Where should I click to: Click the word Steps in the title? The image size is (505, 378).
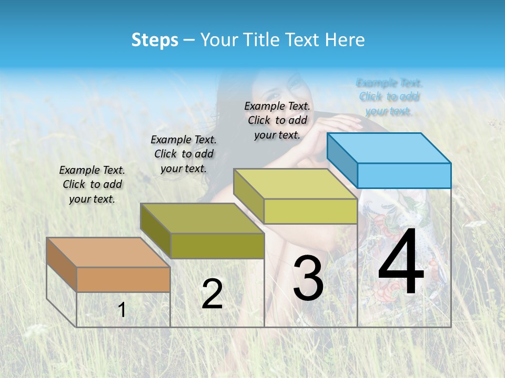pyautogui.click(x=155, y=40)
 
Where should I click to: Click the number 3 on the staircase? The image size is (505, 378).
pyautogui.click(x=308, y=278)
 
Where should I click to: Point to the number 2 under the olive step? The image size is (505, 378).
pyautogui.click(x=212, y=293)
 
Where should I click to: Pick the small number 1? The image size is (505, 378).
pyautogui.click(x=122, y=310)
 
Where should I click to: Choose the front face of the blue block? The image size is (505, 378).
pyautogui.click(x=404, y=175)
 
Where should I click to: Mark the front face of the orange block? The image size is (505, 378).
pyautogui.click(x=123, y=279)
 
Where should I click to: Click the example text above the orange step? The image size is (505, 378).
pyautogui.click(x=92, y=185)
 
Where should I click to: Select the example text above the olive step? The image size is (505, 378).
pyautogui.click(x=184, y=154)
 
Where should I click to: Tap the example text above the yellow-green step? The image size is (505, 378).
pyautogui.click(x=277, y=120)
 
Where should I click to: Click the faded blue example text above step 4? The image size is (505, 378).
pyautogui.click(x=389, y=97)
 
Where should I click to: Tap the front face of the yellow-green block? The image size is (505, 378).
pyautogui.click(x=310, y=211)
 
